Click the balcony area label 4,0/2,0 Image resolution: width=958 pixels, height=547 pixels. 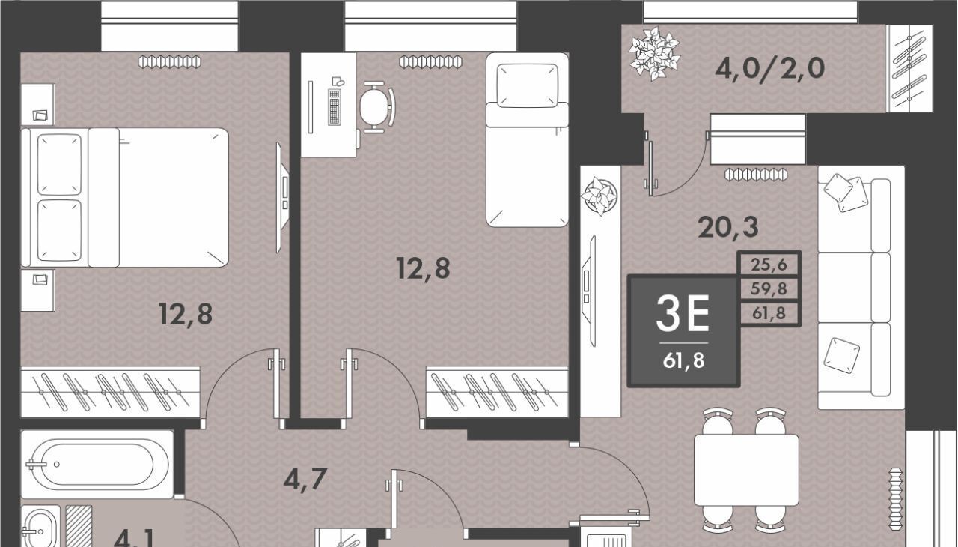[770, 68]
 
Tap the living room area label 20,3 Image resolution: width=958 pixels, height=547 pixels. [728, 227]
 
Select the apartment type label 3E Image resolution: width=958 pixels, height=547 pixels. [683, 315]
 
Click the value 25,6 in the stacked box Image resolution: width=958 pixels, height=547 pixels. [769, 264]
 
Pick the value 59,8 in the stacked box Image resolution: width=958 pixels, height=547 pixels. [769, 288]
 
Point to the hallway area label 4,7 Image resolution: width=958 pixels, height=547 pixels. [305, 479]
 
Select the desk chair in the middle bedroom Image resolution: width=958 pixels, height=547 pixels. [376, 107]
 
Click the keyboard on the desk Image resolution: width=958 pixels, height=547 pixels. [335, 107]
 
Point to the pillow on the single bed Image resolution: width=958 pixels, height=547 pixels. [528, 85]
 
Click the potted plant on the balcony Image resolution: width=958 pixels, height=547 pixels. [654, 54]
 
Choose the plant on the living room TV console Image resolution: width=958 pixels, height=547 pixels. [599, 196]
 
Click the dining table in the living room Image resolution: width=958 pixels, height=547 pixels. [746, 470]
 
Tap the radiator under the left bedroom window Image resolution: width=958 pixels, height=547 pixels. [169, 62]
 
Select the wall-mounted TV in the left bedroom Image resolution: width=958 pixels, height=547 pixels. [282, 197]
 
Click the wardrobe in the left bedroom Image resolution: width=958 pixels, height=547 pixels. [110, 392]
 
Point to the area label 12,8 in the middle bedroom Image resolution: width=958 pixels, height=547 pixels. [424, 268]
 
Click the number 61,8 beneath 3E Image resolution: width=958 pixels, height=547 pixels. [683, 360]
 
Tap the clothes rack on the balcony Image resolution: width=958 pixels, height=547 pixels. [909, 68]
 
